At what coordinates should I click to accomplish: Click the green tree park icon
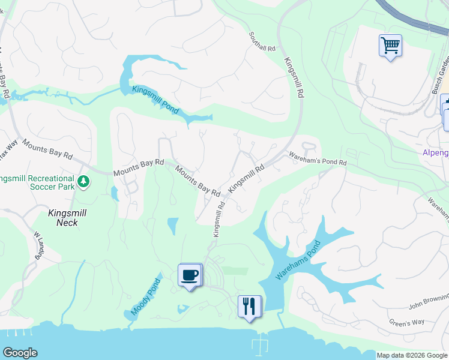[84, 180]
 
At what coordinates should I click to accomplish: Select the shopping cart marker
[390, 45]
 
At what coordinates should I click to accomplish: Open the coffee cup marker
[190, 275]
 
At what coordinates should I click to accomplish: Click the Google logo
[20, 353]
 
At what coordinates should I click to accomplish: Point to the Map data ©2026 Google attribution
[412, 355]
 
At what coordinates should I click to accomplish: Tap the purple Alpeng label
[435, 153]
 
